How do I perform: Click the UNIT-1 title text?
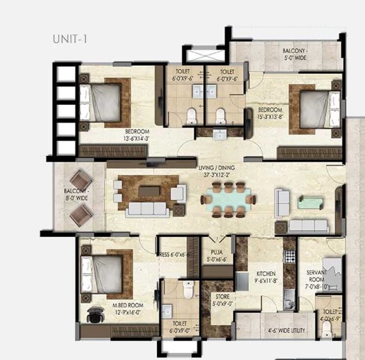[x=70, y=39]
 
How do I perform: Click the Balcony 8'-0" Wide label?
[x=75, y=195]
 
